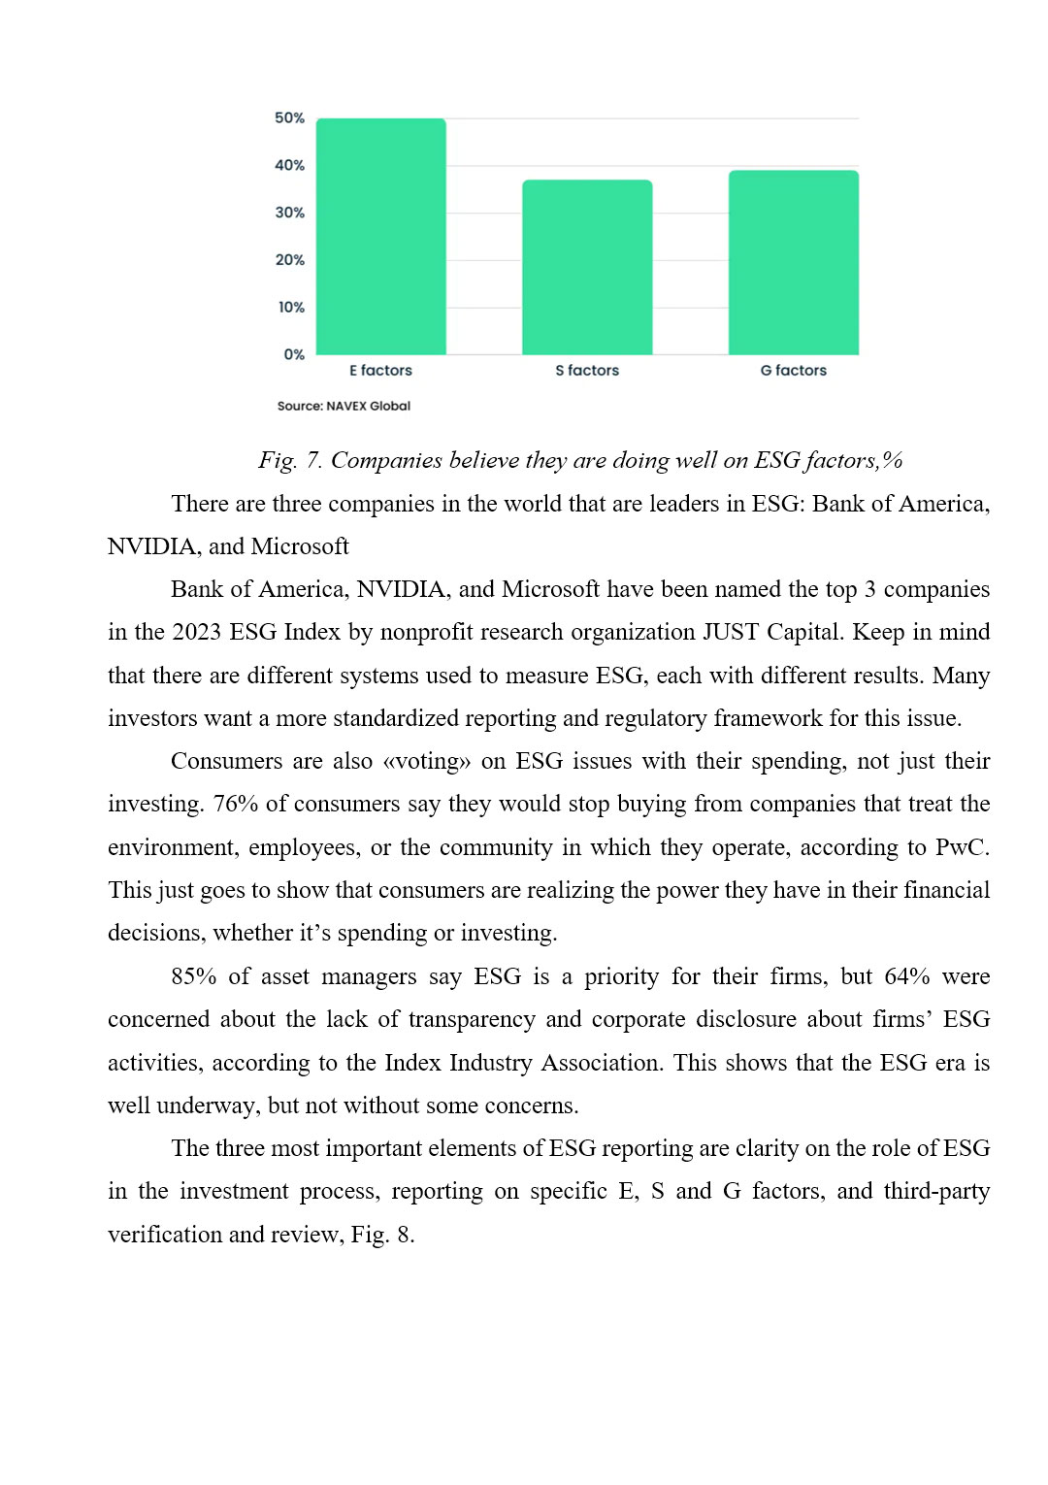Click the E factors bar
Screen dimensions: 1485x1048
tap(381, 237)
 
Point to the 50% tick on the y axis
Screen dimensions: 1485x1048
tap(289, 118)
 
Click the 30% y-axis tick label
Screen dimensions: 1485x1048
tap(289, 213)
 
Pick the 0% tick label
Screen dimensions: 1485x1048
tap(294, 355)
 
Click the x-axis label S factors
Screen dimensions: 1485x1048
tap(587, 371)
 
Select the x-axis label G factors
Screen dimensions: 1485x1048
tap(793, 371)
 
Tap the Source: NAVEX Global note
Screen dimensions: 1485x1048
tap(344, 406)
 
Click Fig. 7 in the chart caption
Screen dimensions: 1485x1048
tap(289, 460)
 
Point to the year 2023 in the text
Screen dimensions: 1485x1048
tap(197, 632)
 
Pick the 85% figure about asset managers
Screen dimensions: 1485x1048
tap(194, 976)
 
